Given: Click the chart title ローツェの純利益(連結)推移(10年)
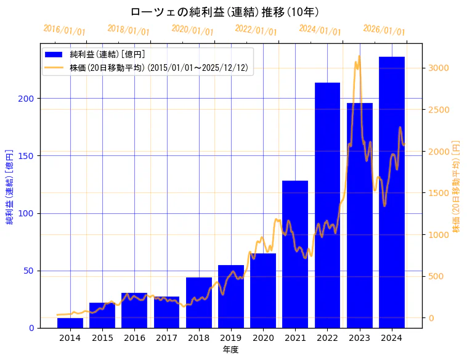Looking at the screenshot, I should [225, 12].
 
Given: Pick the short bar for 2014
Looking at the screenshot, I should [70, 323].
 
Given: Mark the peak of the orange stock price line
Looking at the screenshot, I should [359, 57].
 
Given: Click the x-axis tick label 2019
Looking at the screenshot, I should [231, 337].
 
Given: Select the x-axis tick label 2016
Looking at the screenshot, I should [134, 337].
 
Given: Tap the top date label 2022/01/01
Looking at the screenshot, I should [256, 30].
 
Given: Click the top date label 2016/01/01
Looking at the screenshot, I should [65, 30].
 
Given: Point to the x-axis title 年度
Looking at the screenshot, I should [231, 349].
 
